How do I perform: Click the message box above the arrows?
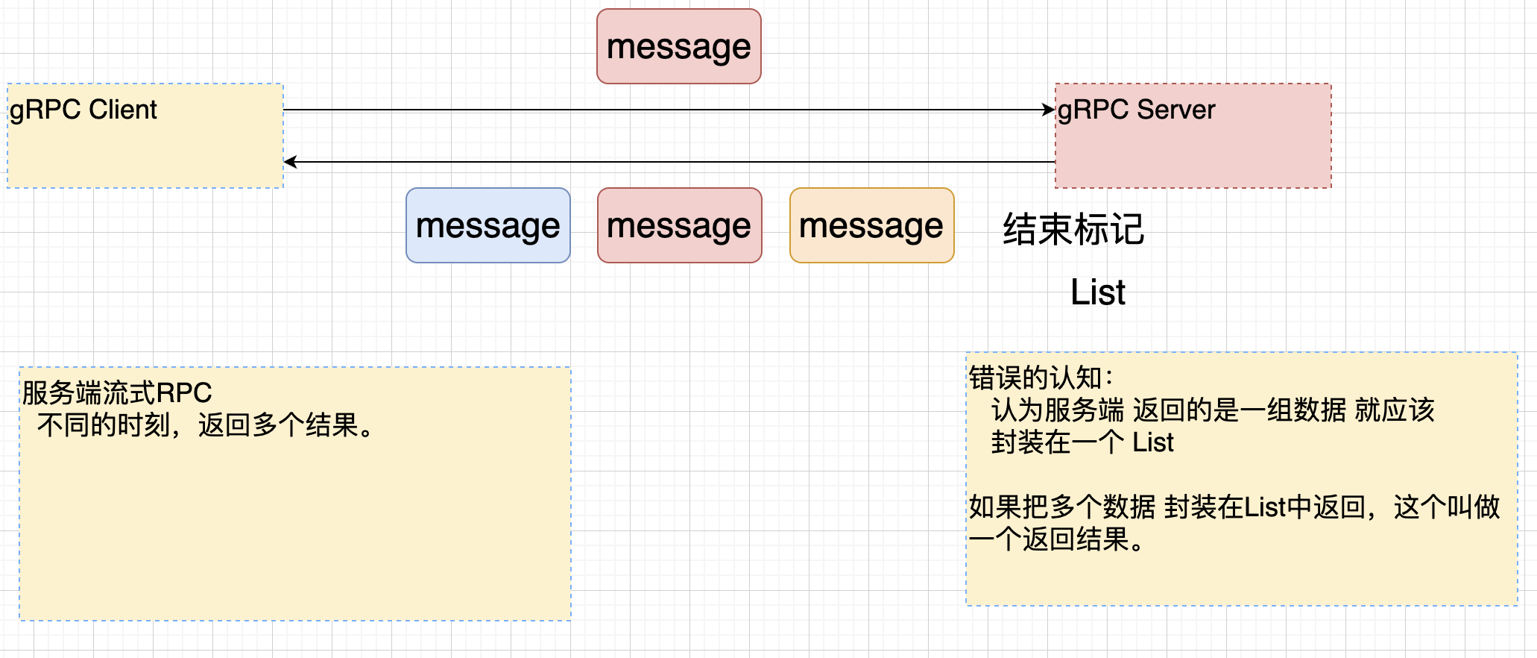678,46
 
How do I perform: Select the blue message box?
487,225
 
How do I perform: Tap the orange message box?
871,225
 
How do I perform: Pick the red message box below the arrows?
679,225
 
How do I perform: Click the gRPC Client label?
83,110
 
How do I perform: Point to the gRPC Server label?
1136,110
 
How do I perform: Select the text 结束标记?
1073,229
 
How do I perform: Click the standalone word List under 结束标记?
1097,292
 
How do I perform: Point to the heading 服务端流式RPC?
117,392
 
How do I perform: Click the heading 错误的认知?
1036,378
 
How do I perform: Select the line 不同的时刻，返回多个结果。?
205,425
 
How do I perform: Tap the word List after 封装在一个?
1152,442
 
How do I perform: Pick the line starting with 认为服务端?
1212,410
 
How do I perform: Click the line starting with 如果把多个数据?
1234,507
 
